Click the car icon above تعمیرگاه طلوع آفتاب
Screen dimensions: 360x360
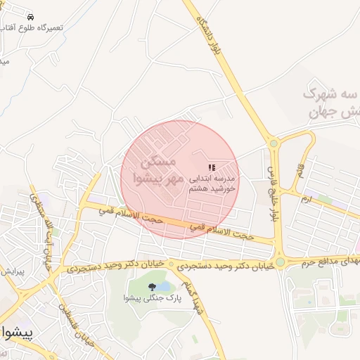(31, 15)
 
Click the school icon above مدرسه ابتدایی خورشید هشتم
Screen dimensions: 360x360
(212, 165)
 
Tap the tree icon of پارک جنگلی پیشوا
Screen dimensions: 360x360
(152, 286)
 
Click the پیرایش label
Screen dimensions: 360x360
(12, 271)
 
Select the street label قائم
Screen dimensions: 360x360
(300, 169)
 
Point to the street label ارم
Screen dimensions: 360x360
(304, 199)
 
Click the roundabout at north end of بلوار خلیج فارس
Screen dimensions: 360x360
(274, 143)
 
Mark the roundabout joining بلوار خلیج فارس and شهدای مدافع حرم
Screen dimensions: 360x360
(281, 262)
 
